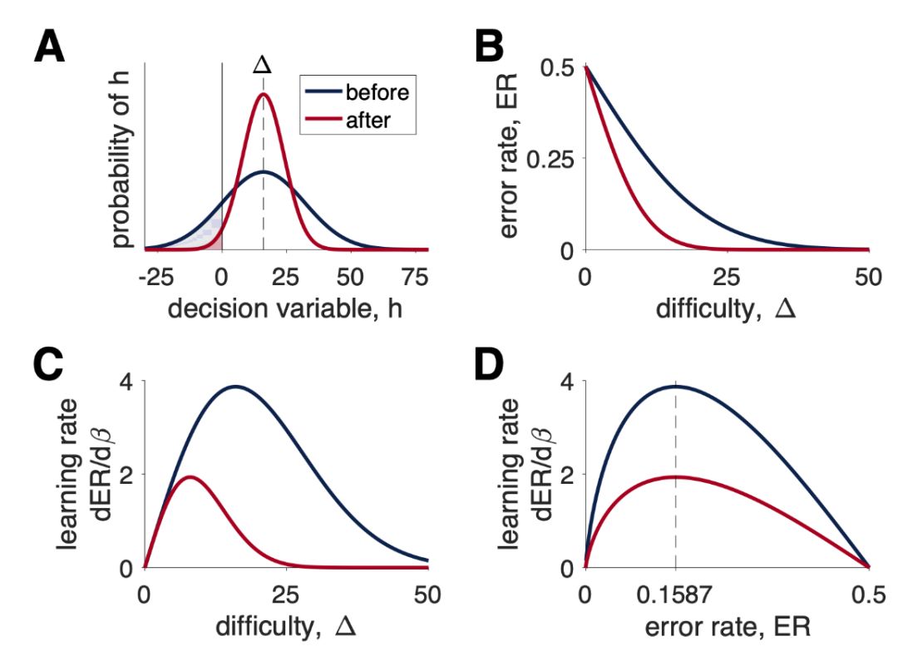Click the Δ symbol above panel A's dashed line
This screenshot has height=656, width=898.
tap(264, 64)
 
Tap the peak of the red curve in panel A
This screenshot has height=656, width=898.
tap(264, 94)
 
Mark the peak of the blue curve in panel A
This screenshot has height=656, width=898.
tap(264, 172)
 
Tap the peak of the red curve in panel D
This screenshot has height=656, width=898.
tap(675, 476)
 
